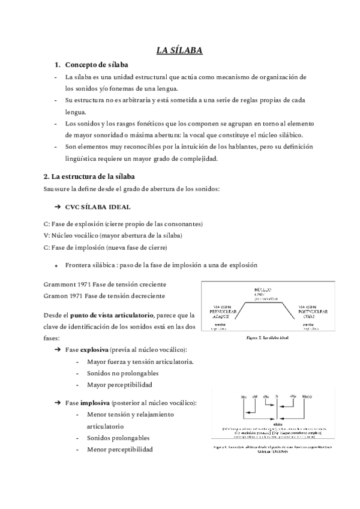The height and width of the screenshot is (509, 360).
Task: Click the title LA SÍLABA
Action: pos(179,50)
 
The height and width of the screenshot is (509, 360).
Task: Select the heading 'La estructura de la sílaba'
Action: pos(89,176)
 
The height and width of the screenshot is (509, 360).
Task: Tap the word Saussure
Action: pos(58,190)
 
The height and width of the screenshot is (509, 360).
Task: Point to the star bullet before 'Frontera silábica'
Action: pos(56,265)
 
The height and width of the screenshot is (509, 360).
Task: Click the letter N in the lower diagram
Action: pos(277,397)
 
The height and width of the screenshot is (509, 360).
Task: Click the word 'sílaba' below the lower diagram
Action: pos(277,423)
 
